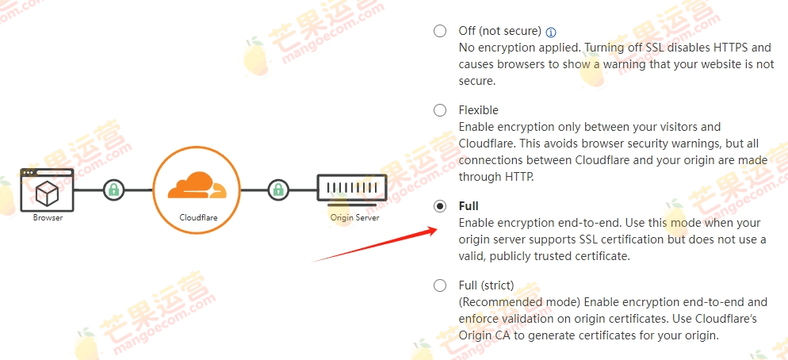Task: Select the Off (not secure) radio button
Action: [440, 32]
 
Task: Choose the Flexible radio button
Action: [440, 110]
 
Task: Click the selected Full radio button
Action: [440, 206]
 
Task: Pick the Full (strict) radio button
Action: [440, 285]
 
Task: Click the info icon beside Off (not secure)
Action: [552, 33]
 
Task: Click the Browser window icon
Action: [48, 190]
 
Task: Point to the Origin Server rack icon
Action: [353, 189]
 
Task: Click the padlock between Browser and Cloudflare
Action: [114, 190]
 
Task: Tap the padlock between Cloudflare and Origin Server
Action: [277, 190]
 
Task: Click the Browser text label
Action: [48, 217]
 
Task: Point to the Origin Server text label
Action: [354, 217]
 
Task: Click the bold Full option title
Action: [469, 206]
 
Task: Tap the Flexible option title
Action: [478, 110]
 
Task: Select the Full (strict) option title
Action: [486, 285]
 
